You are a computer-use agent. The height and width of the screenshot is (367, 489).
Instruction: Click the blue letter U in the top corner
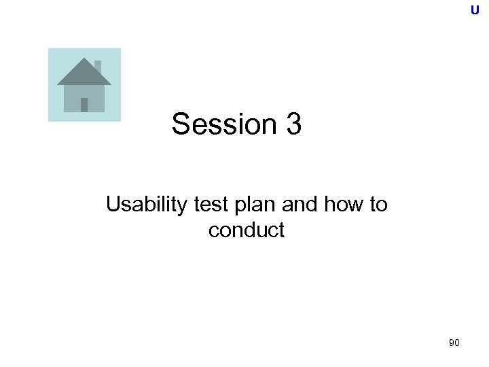click(475, 10)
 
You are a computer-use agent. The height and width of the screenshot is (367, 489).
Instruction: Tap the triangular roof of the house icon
click(83, 73)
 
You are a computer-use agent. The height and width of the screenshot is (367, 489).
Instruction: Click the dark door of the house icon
click(84, 105)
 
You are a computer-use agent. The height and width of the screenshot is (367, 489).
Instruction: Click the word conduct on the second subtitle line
click(247, 230)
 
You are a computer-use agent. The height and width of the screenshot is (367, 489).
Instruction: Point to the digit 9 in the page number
click(452, 344)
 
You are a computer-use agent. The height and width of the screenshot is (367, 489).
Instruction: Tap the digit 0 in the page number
click(457, 344)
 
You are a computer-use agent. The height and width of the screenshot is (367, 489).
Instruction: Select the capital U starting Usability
click(113, 205)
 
